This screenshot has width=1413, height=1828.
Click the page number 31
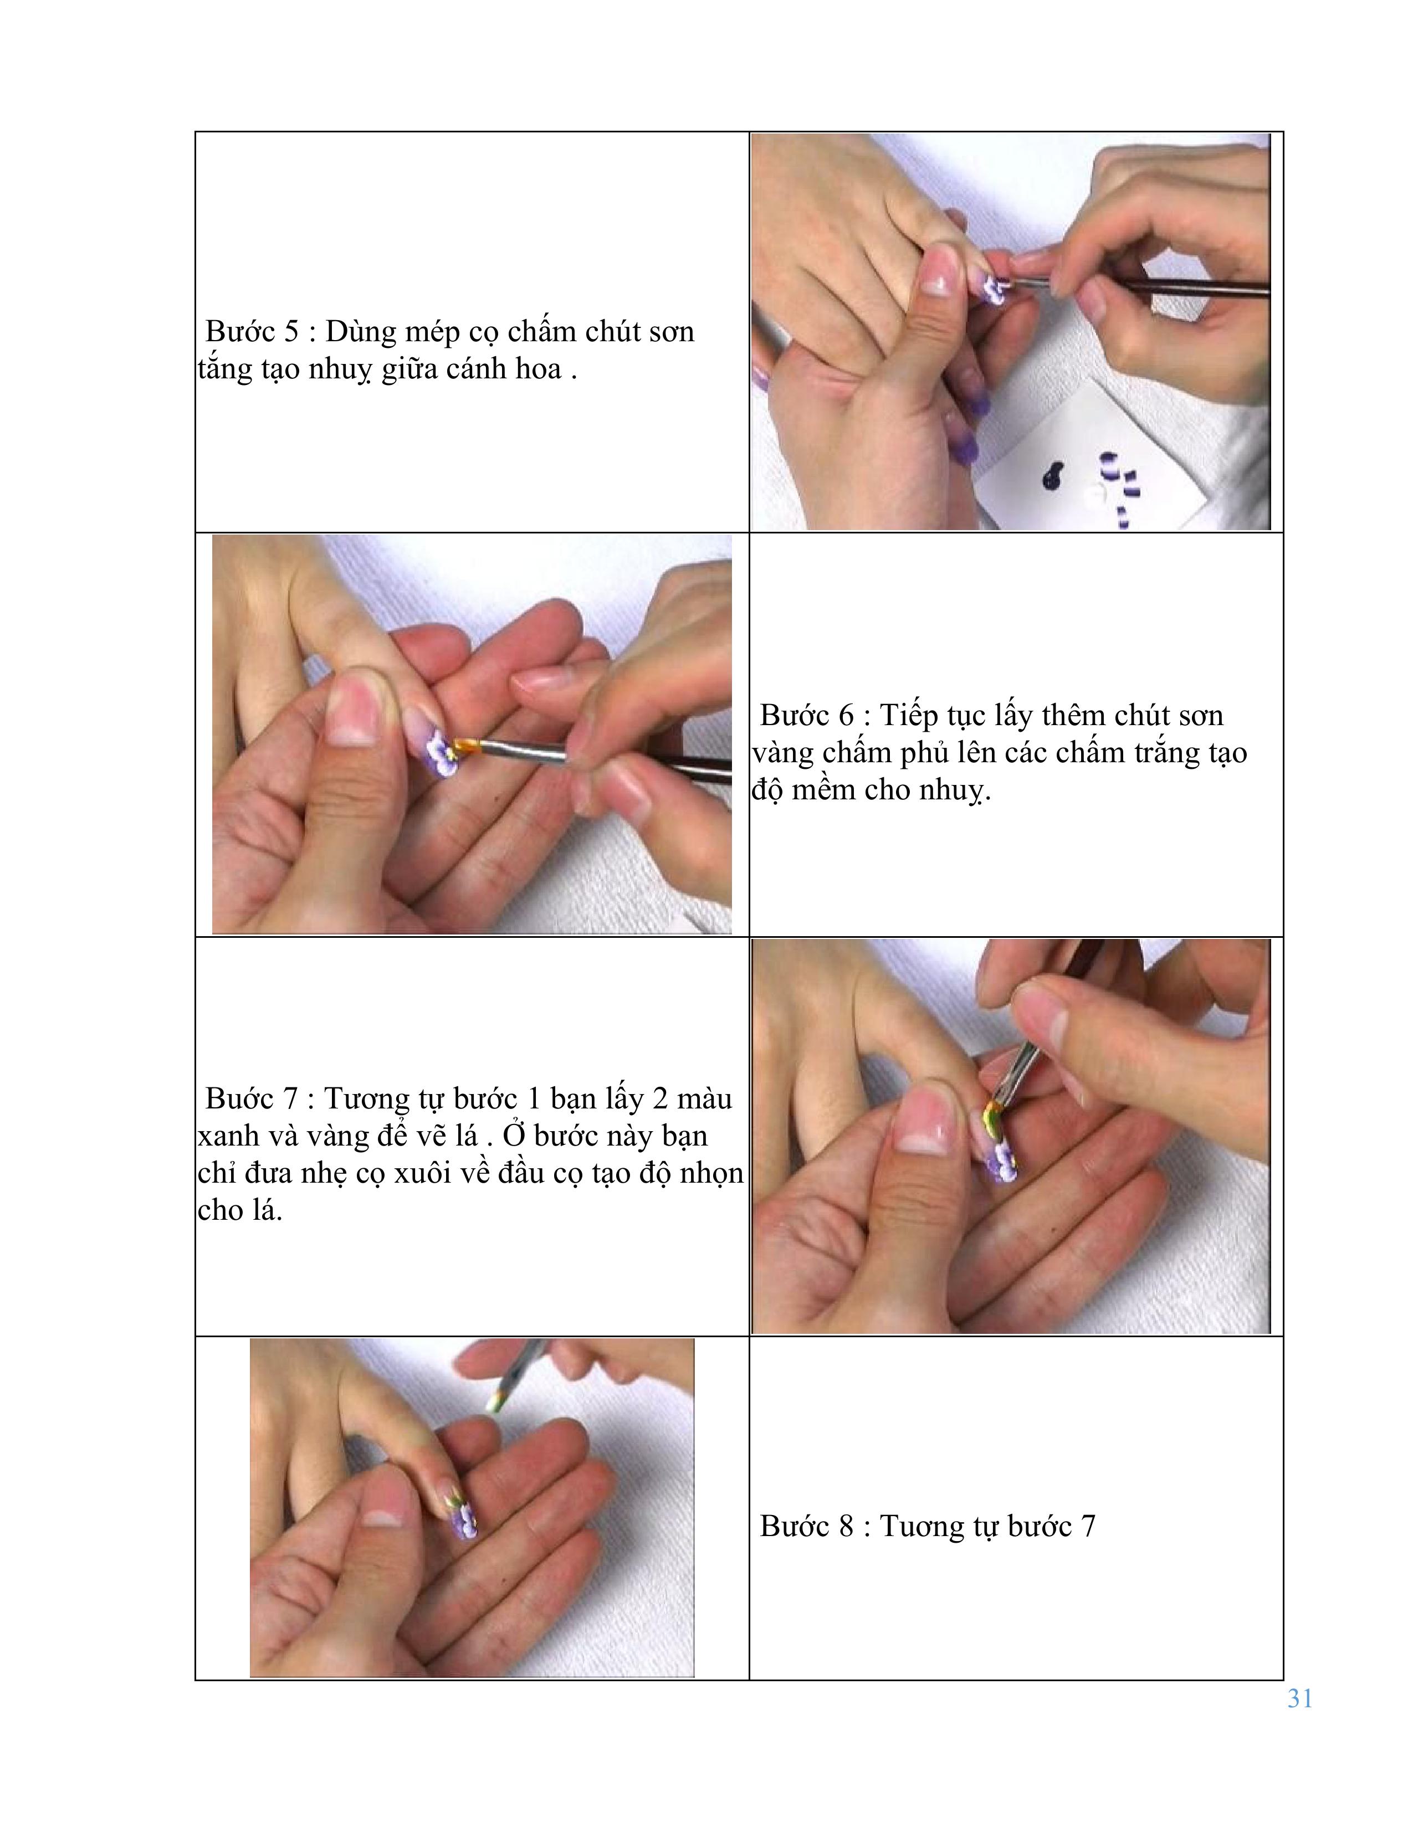click(x=1299, y=1698)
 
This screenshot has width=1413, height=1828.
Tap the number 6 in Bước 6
click(x=846, y=716)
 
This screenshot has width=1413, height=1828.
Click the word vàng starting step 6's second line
click(x=782, y=754)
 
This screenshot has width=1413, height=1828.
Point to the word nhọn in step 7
click(x=711, y=1173)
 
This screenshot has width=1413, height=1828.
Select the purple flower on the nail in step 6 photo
click(x=439, y=752)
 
